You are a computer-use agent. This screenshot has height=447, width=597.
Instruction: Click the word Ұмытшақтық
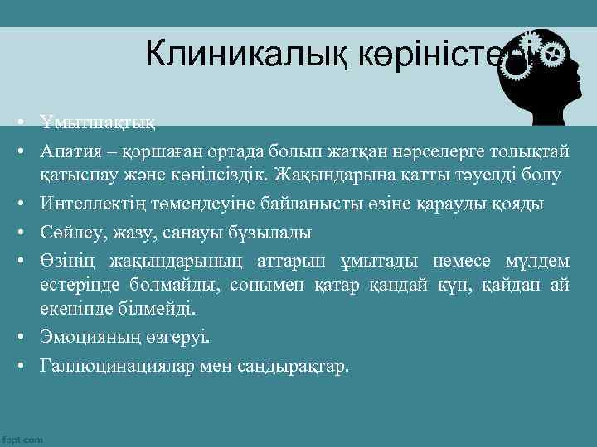coord(96,123)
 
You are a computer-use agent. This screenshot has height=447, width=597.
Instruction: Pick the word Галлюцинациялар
coord(117,365)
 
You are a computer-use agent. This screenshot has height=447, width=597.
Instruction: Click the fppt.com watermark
coord(22,440)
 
